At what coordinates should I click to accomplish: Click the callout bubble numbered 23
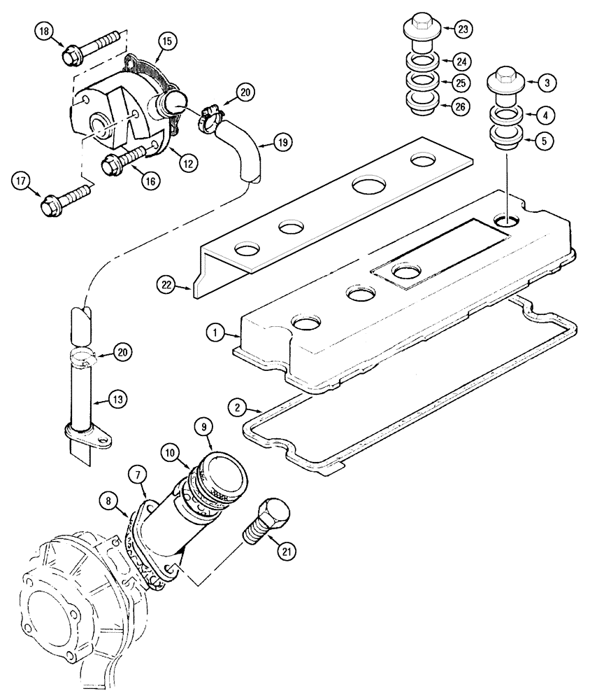point(463,29)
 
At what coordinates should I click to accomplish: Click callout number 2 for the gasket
point(238,406)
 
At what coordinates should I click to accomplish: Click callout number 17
point(22,181)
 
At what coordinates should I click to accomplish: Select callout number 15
point(167,41)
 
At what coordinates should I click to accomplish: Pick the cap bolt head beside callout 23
point(420,27)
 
